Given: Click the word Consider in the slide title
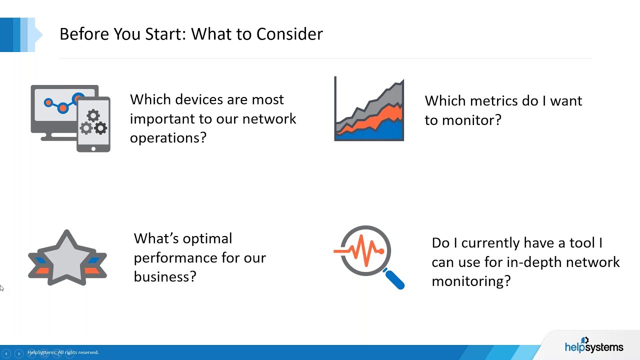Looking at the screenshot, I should coord(289,34).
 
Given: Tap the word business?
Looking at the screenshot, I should coord(165,276).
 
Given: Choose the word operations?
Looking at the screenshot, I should coord(168,137).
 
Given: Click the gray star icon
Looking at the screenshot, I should coord(67,257).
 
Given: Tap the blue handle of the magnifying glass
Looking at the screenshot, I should coord(394,279).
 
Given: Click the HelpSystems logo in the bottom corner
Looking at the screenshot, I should coord(593,345).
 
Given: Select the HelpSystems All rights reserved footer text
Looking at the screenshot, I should coord(63,352).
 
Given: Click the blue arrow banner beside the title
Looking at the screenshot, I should coord(20,34).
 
